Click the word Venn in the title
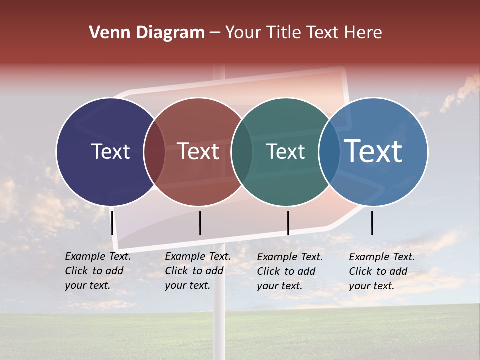pyautogui.click(x=106, y=33)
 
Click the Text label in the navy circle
pyautogui.click(x=110, y=151)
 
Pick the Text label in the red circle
pyautogui.click(x=198, y=151)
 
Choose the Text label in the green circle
pyautogui.click(x=285, y=151)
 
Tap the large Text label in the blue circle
pyautogui.click(x=373, y=151)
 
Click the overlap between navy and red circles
pyautogui.click(x=154, y=151)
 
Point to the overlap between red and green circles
pyautogui.click(x=242, y=151)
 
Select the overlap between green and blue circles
pyautogui.click(x=329, y=151)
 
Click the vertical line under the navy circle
pyautogui.click(x=112, y=223)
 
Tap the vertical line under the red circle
pyautogui.click(x=200, y=223)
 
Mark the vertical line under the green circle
pyautogui.click(x=288, y=223)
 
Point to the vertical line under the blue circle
pyautogui.click(x=372, y=223)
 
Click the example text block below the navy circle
pyautogui.click(x=98, y=271)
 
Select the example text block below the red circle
pyautogui.click(x=198, y=271)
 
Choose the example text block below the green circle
pyautogui.click(x=290, y=271)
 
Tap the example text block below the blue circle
pyautogui.click(x=382, y=271)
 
